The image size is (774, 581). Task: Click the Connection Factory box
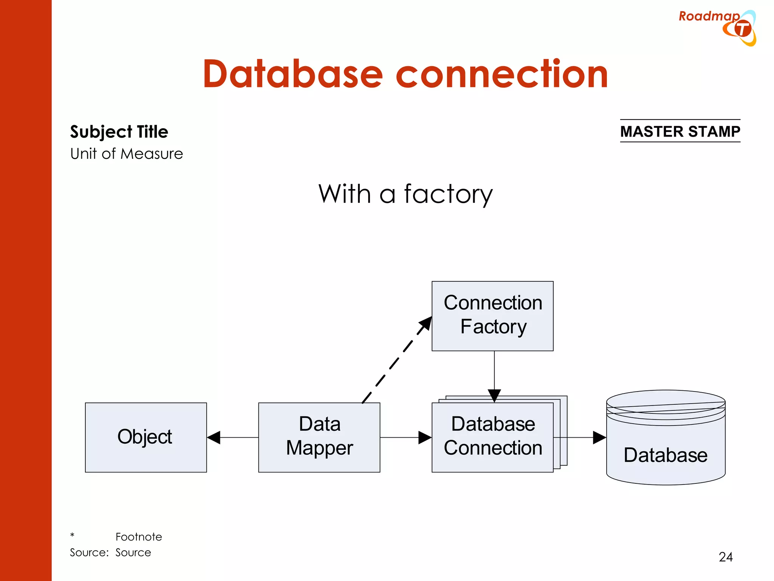[492, 316]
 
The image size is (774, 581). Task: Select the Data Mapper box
[319, 437]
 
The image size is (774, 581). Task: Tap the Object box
[146, 437]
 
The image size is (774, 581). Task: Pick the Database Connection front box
[492, 437]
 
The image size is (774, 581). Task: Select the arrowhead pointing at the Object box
[214, 438]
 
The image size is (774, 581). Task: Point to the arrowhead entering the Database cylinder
[599, 438]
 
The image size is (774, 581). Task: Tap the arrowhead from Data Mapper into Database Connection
[425, 438]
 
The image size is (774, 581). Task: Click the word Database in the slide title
[293, 75]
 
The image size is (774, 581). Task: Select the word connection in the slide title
[502, 75]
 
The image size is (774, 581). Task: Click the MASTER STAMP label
[680, 131]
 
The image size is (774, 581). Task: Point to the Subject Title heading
[119, 132]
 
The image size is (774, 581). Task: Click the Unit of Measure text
[127, 154]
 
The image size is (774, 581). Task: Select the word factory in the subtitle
[448, 194]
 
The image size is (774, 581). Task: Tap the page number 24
[726, 557]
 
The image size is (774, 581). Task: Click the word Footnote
[139, 537]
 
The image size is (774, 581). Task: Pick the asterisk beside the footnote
[72, 535]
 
